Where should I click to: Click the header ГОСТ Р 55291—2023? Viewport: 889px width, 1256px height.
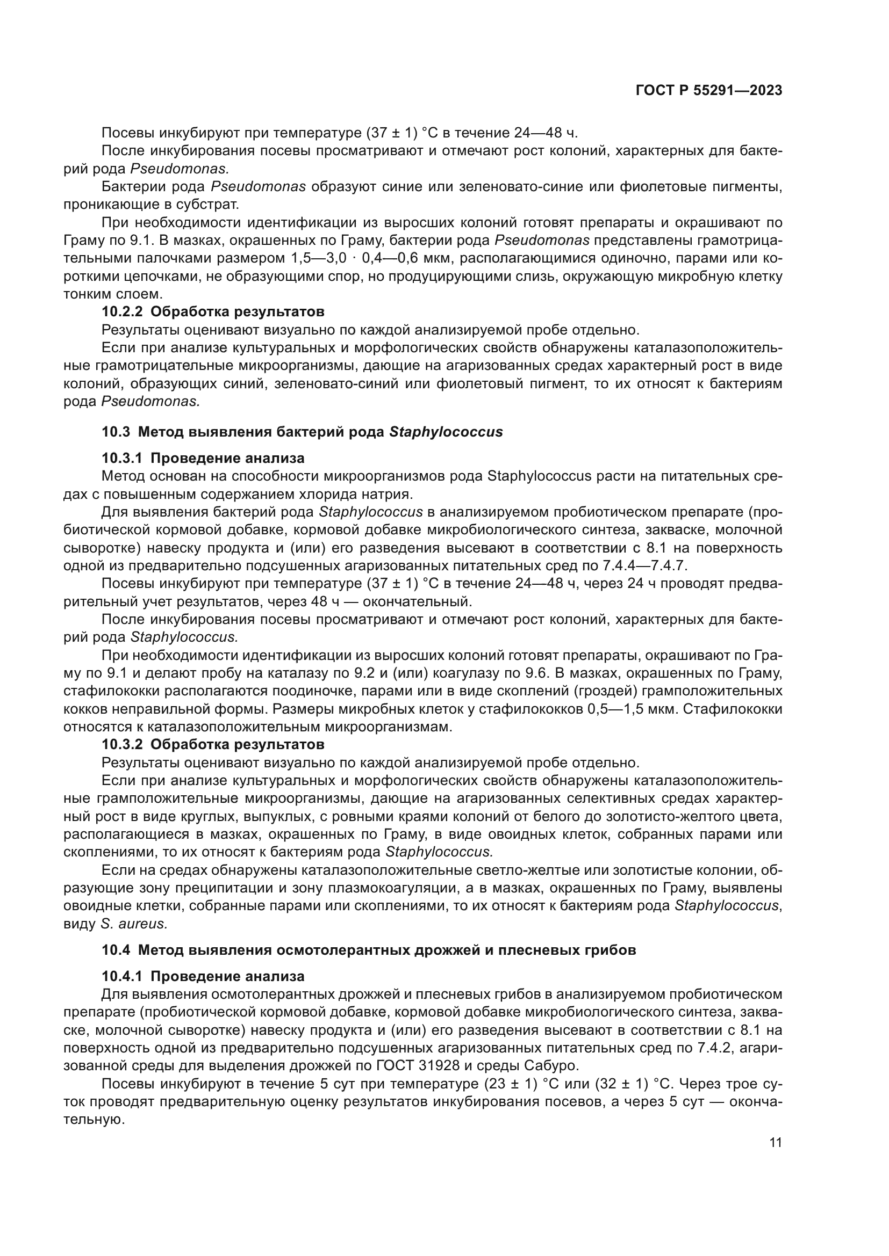click(708, 91)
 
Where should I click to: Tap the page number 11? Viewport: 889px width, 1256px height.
click(775, 1143)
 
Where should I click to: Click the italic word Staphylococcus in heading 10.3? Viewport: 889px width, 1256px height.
click(446, 432)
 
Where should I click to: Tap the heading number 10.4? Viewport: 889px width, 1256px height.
click(116, 950)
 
